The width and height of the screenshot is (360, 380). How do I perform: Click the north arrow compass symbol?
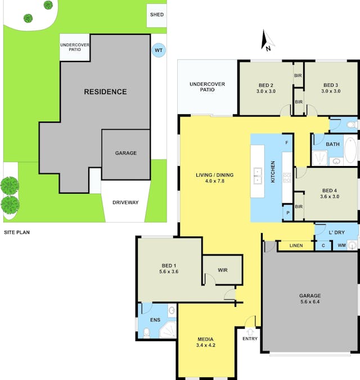[x=267, y=40]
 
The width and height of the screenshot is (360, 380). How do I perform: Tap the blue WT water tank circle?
[x=159, y=50]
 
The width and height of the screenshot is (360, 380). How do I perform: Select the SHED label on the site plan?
[x=157, y=15]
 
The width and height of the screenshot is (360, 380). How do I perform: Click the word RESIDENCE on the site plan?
[x=105, y=92]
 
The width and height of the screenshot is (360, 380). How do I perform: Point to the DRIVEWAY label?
[x=125, y=202]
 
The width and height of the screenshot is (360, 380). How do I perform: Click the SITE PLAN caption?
[x=17, y=232]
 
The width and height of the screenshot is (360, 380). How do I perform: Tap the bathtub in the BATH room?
[x=350, y=150]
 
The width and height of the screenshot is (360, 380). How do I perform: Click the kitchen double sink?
[x=258, y=176]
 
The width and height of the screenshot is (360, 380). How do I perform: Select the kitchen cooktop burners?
[x=287, y=178]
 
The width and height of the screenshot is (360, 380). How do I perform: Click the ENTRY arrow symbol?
[x=250, y=332]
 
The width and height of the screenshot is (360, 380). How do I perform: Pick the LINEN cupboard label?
[x=296, y=245]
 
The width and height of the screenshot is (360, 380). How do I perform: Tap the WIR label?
[x=223, y=270]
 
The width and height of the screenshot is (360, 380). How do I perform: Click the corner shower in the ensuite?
[x=168, y=330]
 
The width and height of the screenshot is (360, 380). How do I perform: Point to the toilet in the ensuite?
[x=146, y=333]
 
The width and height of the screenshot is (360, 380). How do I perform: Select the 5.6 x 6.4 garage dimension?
[x=310, y=302]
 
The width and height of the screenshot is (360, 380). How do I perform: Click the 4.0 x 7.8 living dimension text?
[x=214, y=181]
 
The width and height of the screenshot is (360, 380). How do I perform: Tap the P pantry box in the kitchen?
[x=288, y=213]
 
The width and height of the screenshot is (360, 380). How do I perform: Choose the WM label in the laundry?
[x=341, y=245]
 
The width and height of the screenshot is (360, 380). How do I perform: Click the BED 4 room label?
[x=330, y=190]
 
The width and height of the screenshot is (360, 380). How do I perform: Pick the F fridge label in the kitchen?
[x=287, y=143]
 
